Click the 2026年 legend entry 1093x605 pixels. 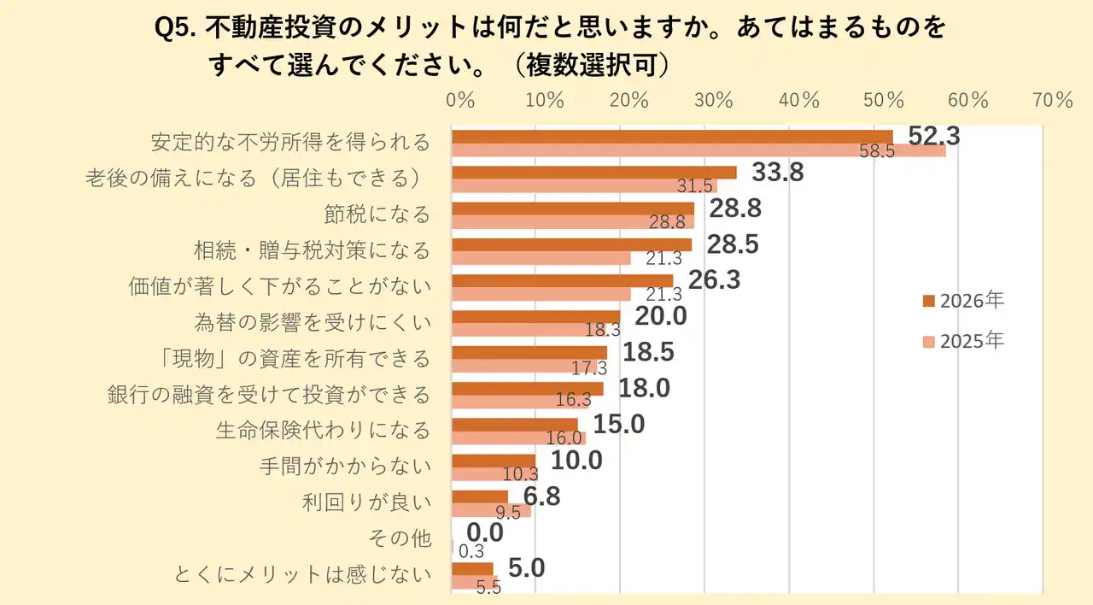(963, 301)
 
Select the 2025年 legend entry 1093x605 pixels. (963, 341)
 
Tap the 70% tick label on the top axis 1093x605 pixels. (1051, 99)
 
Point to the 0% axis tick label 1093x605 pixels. (460, 99)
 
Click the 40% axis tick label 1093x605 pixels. (798, 99)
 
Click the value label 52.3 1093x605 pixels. (934, 136)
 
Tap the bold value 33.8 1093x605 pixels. (778, 173)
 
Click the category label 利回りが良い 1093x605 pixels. (366, 502)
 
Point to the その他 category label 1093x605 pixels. (399, 538)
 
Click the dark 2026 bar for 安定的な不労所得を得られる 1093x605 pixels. (672, 137)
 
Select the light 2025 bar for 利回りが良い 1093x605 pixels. (491, 511)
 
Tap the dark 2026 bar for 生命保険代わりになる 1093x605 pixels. (515, 425)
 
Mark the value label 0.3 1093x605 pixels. (471, 551)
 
